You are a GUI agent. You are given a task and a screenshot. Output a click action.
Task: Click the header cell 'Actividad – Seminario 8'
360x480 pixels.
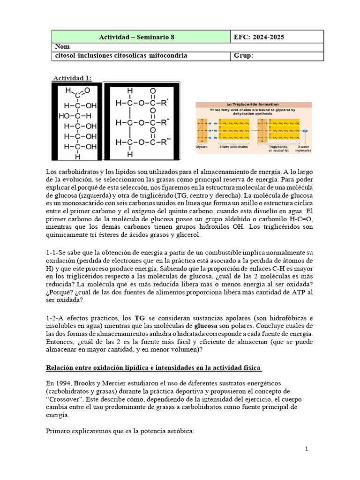pyautogui.click(x=141, y=37)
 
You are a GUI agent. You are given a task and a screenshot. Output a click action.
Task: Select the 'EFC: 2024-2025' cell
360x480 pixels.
pyautogui.click(x=259, y=37)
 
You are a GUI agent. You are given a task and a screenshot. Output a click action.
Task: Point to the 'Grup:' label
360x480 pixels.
pyautogui.click(x=243, y=56)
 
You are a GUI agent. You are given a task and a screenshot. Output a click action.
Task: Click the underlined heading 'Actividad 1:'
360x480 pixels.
pyautogui.click(x=72, y=78)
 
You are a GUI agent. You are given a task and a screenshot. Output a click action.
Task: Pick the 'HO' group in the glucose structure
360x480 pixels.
pyautogui.click(x=64, y=115)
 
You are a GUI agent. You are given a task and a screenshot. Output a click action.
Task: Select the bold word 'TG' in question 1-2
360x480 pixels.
pyautogui.click(x=140, y=318)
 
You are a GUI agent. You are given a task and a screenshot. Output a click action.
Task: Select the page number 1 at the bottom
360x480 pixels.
pyautogui.click(x=306, y=449)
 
